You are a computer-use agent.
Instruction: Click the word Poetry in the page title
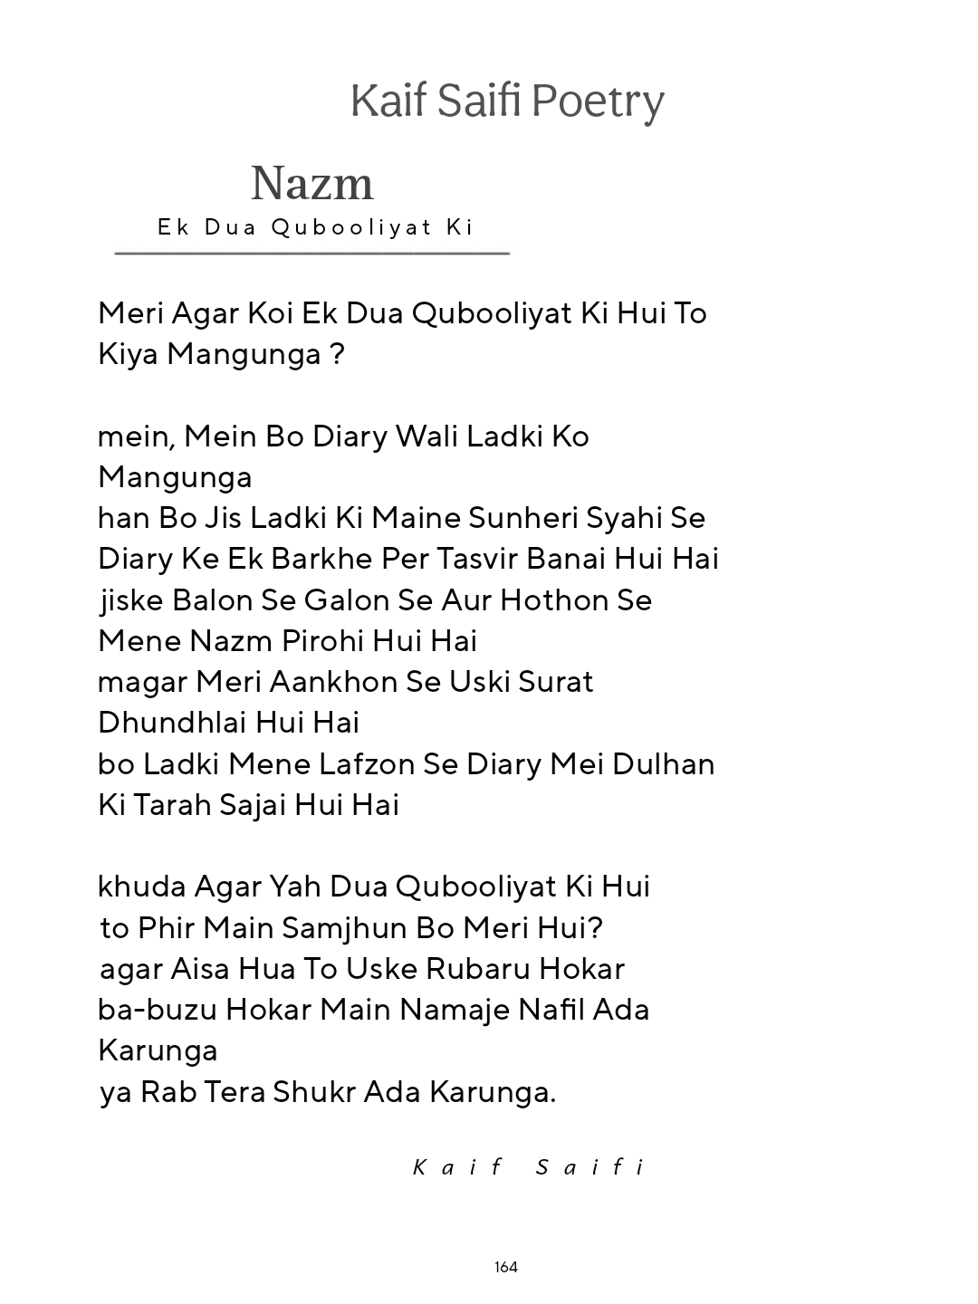598,101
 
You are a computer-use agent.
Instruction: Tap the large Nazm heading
312,184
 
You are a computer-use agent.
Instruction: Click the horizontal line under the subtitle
312,253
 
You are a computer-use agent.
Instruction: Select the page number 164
506,1267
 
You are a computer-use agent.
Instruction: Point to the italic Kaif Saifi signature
529,1166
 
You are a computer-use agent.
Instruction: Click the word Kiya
129,354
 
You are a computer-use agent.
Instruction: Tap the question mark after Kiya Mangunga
337,354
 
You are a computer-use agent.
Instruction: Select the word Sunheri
523,518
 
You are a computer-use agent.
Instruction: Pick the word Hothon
554,600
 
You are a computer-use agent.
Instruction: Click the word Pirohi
322,641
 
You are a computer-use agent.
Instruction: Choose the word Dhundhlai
172,723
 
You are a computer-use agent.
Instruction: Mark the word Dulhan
664,764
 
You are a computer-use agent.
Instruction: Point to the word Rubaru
478,969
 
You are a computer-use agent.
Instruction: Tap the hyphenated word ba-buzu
157,1010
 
